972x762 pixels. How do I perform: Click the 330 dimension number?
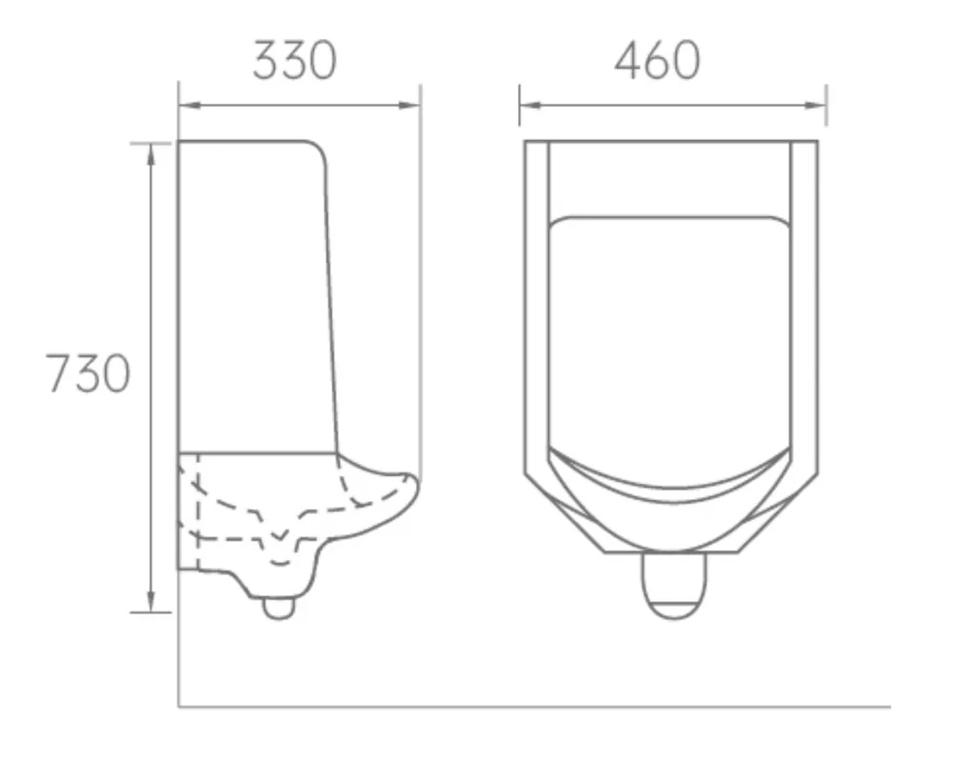294,61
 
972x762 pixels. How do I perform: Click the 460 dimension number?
657,61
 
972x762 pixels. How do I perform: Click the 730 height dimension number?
88,373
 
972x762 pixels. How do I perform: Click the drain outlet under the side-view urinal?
278,607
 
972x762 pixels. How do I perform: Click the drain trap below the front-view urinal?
674,585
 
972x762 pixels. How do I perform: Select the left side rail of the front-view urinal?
537,305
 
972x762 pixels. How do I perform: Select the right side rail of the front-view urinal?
804,305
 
